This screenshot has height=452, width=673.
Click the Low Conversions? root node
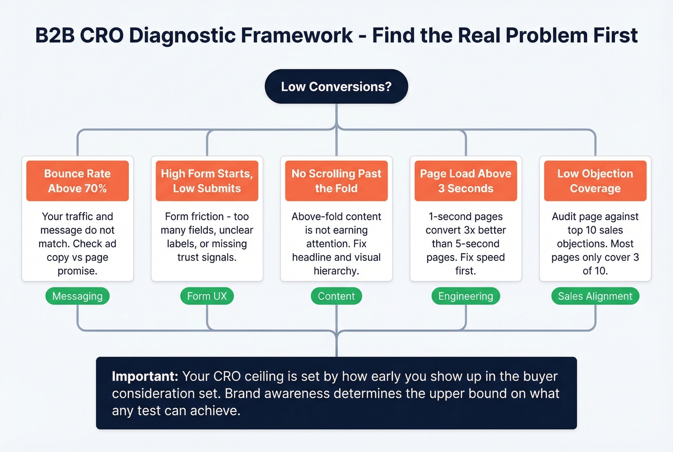pos(336,87)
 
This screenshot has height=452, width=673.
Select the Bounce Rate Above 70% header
pos(77,181)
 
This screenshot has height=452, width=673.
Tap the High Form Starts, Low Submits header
pos(207,181)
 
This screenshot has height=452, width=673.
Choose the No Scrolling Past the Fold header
pos(336,181)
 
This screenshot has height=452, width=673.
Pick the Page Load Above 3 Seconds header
pos(465,181)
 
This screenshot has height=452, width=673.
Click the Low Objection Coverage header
pos(595,181)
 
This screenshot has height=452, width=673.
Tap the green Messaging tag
pos(77,296)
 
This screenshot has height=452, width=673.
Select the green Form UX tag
pos(207,296)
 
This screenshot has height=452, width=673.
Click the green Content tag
pos(336,296)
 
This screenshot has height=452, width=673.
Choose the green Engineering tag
pos(465,296)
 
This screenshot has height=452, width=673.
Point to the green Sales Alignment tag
pos(595,296)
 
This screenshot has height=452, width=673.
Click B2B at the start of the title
pos(55,36)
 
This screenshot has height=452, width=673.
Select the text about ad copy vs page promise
pos(77,244)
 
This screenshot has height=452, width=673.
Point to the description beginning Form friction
pos(207,237)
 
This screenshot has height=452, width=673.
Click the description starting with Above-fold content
pos(336,244)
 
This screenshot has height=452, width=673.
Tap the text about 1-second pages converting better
pos(465,244)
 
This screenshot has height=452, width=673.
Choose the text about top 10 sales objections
pos(595,244)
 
